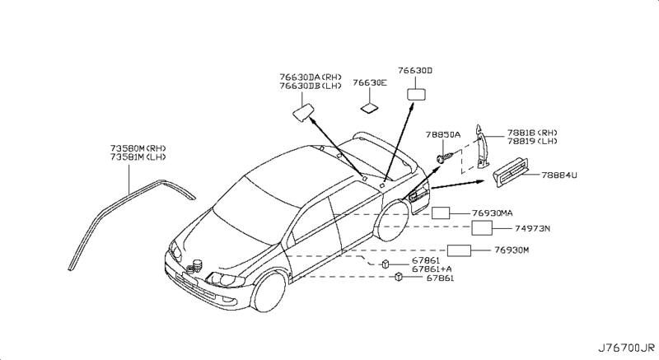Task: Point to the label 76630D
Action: [414, 71]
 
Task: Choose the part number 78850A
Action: [443, 133]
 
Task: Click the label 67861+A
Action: [432, 269]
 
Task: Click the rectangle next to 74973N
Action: [482, 227]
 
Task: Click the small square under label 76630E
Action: [368, 107]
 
